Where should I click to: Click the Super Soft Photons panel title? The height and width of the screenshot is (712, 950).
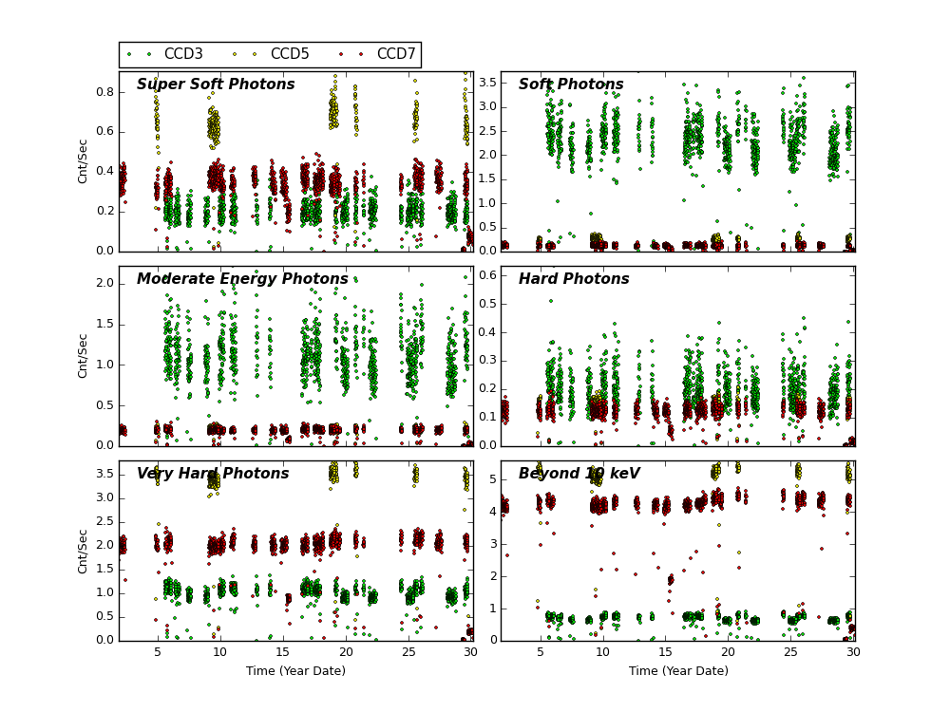(x=216, y=85)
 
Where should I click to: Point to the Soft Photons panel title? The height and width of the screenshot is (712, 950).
(x=571, y=85)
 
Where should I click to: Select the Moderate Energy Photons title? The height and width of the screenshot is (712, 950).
(x=242, y=280)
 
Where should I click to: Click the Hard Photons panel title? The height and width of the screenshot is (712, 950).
(x=574, y=280)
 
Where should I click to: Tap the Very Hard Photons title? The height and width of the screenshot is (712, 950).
(x=213, y=475)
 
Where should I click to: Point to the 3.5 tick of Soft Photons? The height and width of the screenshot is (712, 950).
(x=486, y=83)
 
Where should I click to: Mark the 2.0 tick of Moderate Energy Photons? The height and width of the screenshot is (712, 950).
(x=104, y=283)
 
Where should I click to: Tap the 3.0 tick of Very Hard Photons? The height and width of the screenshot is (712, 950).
(x=104, y=497)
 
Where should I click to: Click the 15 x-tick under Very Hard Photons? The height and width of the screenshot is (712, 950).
(x=283, y=652)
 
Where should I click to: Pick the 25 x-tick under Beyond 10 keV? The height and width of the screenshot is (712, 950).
(x=790, y=652)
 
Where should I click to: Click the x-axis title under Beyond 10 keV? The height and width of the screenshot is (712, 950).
(x=678, y=671)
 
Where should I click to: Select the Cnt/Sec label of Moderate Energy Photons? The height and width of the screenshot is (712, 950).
(x=84, y=355)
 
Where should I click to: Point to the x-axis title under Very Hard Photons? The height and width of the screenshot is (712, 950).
(x=296, y=671)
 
